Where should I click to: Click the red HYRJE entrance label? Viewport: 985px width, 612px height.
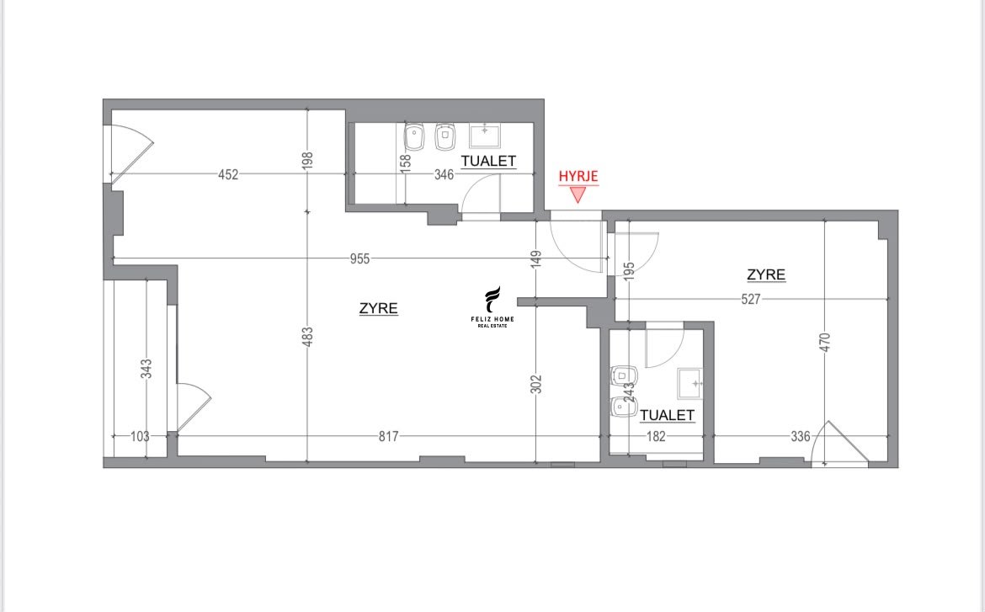[578, 176]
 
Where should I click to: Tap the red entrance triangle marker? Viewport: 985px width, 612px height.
[578, 194]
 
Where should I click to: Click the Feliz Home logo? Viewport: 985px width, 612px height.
[492, 307]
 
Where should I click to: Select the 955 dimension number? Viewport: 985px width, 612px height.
[360, 258]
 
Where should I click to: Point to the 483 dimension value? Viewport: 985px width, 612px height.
[307, 336]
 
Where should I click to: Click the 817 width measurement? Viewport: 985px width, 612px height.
[388, 436]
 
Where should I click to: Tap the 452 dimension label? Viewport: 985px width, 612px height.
[228, 175]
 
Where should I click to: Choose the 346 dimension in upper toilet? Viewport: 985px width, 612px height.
[445, 175]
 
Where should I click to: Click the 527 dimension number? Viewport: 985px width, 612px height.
[751, 299]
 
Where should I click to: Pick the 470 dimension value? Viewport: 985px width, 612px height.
[825, 342]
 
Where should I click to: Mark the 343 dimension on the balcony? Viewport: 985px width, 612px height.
[146, 368]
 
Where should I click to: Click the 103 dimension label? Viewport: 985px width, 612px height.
[140, 436]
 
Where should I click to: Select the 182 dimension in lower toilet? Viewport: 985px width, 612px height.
[656, 436]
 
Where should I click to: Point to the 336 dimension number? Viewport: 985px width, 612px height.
[801, 436]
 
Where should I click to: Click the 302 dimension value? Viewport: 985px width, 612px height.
[535, 384]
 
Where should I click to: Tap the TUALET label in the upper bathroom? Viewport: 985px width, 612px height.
[489, 161]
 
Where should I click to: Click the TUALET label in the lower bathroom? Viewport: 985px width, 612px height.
[667, 415]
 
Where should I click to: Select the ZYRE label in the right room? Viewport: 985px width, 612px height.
[766, 274]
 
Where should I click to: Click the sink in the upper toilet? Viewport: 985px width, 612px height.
[485, 136]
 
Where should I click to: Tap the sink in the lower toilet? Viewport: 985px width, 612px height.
[689, 383]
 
